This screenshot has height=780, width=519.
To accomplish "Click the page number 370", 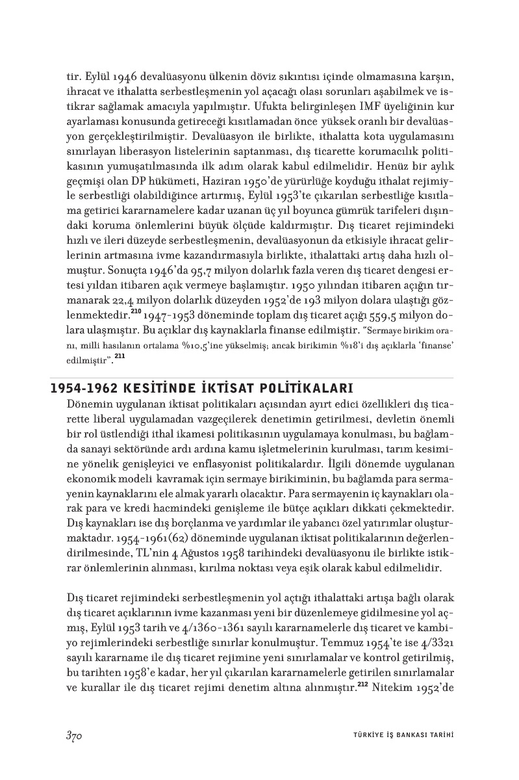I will coord(73,736).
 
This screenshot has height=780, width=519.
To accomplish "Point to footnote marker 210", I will coord(136,312).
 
